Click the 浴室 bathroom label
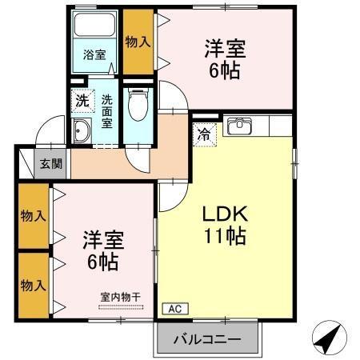click(95, 54)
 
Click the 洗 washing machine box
click(82, 101)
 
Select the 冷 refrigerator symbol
click(205, 134)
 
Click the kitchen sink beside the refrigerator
click(239, 126)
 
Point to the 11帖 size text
click(226, 237)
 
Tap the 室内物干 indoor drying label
click(120, 297)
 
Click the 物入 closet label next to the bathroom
click(138, 41)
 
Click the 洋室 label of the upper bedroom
click(225, 47)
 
